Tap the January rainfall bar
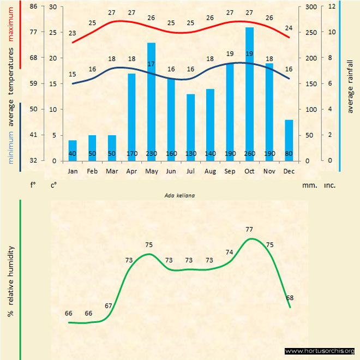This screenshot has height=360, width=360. click(73, 151)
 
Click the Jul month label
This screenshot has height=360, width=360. click(190, 171)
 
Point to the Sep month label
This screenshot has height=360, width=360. click(230, 171)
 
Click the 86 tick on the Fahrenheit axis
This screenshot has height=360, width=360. click(33, 7)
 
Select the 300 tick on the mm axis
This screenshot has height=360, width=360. click(310, 7)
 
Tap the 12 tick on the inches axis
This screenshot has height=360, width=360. click(331, 7)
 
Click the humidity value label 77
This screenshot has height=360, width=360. click(250, 229)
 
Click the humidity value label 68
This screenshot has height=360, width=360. click(290, 298)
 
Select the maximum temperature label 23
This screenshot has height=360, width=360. click(73, 33)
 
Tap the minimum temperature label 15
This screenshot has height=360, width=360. click(73, 74)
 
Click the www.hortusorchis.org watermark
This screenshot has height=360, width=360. click(320, 351)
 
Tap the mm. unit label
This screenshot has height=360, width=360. click(309, 185)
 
